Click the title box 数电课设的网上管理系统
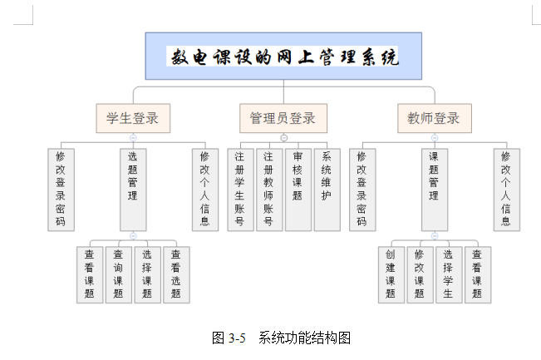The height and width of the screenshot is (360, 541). pyautogui.click(x=283, y=57)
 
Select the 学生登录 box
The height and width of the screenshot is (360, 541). pyautogui.click(x=133, y=117)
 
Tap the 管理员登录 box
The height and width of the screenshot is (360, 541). pyautogui.click(x=283, y=117)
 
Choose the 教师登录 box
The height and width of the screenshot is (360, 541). pyautogui.click(x=434, y=117)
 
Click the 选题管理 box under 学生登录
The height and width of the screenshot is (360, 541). pyautogui.click(x=133, y=189)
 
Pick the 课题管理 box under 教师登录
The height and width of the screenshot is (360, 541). pyautogui.click(x=434, y=189)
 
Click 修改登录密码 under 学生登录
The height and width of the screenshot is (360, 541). pyautogui.click(x=60, y=189)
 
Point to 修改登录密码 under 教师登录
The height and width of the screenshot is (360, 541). pyautogui.click(x=361, y=189)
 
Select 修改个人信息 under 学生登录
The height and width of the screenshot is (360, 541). pyautogui.click(x=204, y=189)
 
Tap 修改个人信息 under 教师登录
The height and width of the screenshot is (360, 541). pyautogui.click(x=506, y=189)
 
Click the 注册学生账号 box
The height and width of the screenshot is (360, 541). pyautogui.click(x=240, y=189)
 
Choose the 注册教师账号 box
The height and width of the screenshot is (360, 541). pyautogui.click(x=269, y=189)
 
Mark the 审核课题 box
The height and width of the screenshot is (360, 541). pyautogui.click(x=298, y=189)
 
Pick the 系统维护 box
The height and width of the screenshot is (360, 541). pyautogui.click(x=327, y=189)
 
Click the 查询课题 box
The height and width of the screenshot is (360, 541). pyautogui.click(x=119, y=274)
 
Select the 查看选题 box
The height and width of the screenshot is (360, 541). pyautogui.click(x=175, y=274)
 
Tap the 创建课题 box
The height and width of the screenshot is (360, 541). pyautogui.click(x=391, y=274)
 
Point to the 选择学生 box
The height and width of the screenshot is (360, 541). pyautogui.click(x=448, y=274)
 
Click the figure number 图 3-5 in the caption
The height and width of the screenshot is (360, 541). pyautogui.click(x=229, y=338)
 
